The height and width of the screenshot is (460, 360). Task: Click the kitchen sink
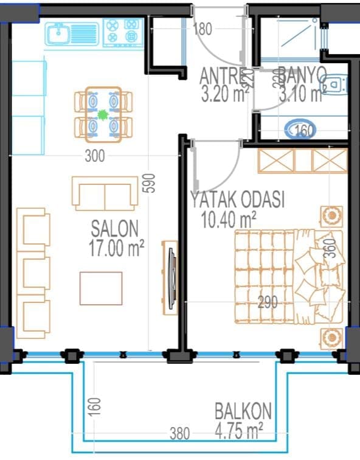pyautogui.click(x=72, y=34)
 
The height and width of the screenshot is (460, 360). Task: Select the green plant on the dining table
pyautogui.click(x=103, y=115)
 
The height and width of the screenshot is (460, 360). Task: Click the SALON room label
pyautogui.click(x=114, y=229)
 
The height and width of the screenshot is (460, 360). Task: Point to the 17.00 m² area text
pyautogui.click(x=116, y=248)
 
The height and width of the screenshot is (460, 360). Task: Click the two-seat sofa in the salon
pyautogui.click(x=105, y=193)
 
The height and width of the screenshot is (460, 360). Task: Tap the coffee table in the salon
pyautogui.click(x=101, y=288)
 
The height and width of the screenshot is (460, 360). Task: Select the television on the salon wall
pyautogui.click(x=173, y=278)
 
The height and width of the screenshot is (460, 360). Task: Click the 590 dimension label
pyautogui.click(x=150, y=183)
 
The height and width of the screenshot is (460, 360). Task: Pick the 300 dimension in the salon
pyautogui.click(x=95, y=156)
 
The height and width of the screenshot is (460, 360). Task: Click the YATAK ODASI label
pyautogui.click(x=237, y=200)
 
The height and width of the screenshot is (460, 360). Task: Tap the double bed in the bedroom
pyautogui.click(x=288, y=277)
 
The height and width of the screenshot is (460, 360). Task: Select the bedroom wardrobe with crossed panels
pyautogui.click(x=303, y=161)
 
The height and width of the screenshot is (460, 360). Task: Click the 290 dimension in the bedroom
pyautogui.click(x=268, y=302)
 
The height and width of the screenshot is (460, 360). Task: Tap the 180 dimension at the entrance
pyautogui.click(x=202, y=29)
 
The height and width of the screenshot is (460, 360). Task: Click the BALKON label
pyautogui.click(x=243, y=411)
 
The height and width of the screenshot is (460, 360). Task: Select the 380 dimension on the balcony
pyautogui.click(x=180, y=433)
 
